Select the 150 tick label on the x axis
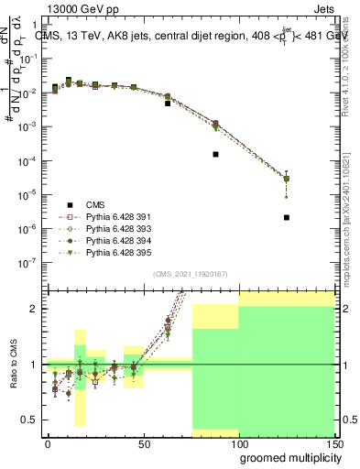[x=335, y=445]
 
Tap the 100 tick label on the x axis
[x=239, y=445]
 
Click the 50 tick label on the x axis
[x=143, y=445]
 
